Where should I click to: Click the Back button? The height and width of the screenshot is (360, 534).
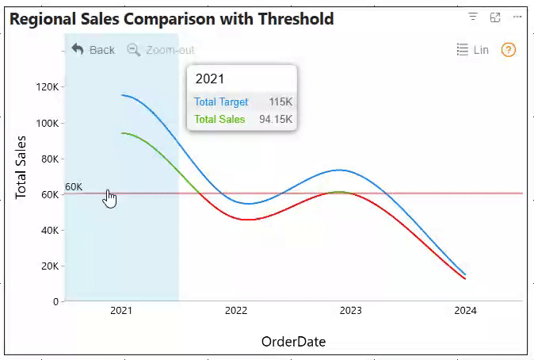[93, 50]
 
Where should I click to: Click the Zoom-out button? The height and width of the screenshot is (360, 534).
[161, 50]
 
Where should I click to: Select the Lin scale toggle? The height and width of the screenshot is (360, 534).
[473, 50]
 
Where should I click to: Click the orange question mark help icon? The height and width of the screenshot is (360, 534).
[509, 50]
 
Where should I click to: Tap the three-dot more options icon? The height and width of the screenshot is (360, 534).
[517, 17]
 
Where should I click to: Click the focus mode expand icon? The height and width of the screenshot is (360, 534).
[495, 17]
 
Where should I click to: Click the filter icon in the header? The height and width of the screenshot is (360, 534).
[473, 17]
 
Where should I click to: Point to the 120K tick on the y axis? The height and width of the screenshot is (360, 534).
[48, 87]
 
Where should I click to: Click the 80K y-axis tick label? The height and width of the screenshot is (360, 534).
[48, 159]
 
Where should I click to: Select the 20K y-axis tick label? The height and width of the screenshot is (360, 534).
[48, 266]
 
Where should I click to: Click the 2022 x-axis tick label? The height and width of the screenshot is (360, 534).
[236, 311]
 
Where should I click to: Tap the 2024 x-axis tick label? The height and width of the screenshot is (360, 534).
[466, 311]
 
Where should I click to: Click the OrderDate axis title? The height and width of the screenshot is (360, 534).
[293, 342]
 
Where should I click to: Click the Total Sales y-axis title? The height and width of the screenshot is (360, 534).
[21, 167]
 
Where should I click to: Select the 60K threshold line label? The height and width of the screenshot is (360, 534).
[74, 186]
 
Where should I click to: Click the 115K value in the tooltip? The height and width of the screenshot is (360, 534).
[280, 102]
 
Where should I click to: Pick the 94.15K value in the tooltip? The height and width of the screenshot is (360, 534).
[276, 120]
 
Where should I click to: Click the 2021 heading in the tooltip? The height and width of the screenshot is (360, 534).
[210, 79]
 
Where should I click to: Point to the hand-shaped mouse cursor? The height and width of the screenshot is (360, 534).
[110, 199]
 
